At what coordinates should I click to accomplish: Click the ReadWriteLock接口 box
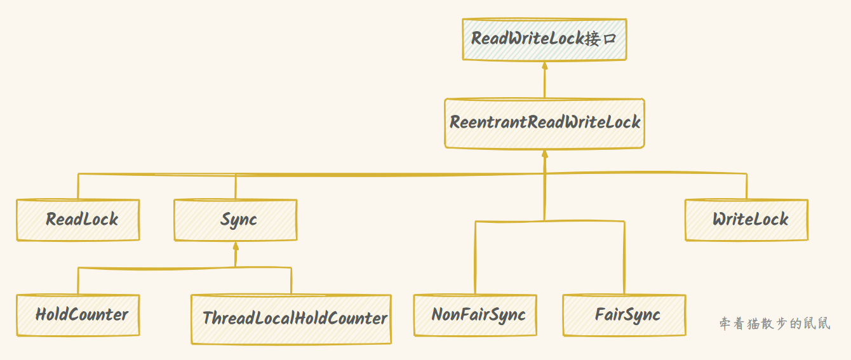pyautogui.click(x=544, y=39)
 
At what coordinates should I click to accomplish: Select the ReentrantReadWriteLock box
pyautogui.click(x=544, y=123)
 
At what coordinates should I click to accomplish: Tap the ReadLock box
pyautogui.click(x=78, y=220)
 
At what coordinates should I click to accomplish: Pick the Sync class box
pyautogui.click(x=235, y=220)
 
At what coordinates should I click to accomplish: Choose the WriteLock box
pyautogui.click(x=746, y=220)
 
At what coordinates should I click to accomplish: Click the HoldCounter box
pyautogui.click(x=78, y=315)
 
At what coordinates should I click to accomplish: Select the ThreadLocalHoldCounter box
pyautogui.click(x=291, y=319)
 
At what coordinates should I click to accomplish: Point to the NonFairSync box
pyautogui.click(x=475, y=315)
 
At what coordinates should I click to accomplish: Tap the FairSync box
pyautogui.click(x=624, y=315)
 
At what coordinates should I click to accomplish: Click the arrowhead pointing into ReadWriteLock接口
pyautogui.click(x=544, y=65)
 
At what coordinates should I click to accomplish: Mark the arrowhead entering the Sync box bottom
pyautogui.click(x=236, y=246)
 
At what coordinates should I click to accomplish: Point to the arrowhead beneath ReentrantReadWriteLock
pyautogui.click(x=544, y=154)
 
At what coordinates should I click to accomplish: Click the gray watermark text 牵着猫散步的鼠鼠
pyautogui.click(x=775, y=324)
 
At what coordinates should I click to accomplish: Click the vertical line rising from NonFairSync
pyautogui.click(x=475, y=257)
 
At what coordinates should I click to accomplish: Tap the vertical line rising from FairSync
pyautogui.click(x=624, y=257)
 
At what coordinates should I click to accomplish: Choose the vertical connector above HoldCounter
pyautogui.click(x=78, y=281)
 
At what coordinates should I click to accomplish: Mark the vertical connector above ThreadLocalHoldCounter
pyautogui.click(x=291, y=281)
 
